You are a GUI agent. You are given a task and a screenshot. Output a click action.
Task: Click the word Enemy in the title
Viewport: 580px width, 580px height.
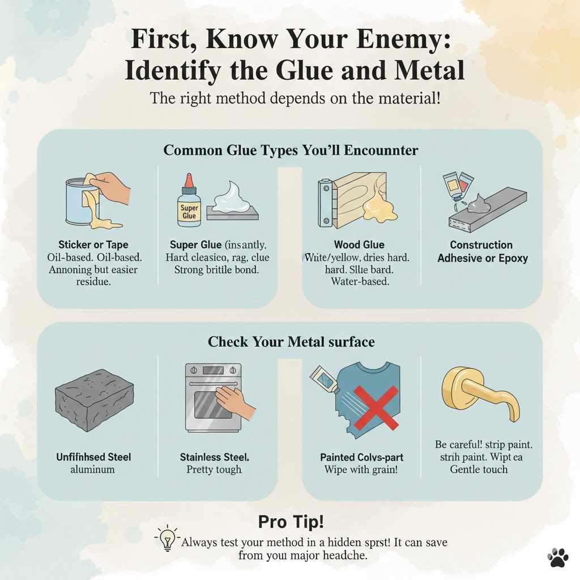click(x=402, y=42)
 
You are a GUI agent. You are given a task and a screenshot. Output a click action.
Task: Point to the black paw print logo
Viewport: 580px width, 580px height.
click(x=558, y=557)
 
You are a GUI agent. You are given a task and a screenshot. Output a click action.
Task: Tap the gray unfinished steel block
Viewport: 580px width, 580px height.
click(x=94, y=400)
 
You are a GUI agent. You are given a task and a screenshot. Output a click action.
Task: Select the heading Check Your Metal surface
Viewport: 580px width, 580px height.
click(x=291, y=342)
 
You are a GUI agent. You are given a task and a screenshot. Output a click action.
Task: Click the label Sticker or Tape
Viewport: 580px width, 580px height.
click(x=93, y=245)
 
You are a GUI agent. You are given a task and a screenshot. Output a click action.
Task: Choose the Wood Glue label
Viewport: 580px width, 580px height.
click(x=359, y=245)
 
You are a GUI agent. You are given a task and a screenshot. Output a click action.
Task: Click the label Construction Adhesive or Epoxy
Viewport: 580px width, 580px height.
click(x=481, y=251)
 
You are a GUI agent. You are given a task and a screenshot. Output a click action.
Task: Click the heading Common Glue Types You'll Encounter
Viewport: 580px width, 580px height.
click(x=290, y=150)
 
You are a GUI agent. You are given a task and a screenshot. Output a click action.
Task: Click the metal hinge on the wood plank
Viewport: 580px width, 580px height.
click(x=325, y=203)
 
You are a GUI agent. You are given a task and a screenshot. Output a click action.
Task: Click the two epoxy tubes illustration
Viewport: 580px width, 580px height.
click(x=456, y=184)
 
